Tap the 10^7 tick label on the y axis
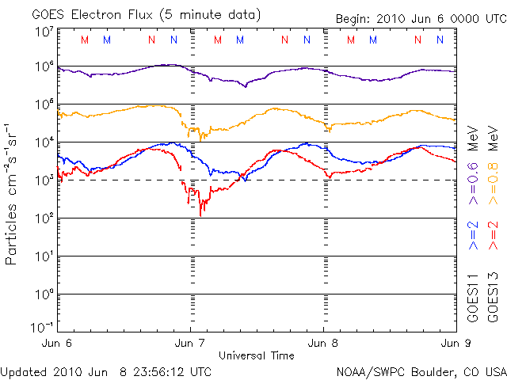coord(43,32)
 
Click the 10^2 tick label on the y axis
coord(43,218)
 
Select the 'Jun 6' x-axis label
coord(58,343)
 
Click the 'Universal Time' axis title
coord(257,355)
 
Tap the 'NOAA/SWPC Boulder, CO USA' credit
coord(421,371)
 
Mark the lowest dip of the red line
coord(201,214)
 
